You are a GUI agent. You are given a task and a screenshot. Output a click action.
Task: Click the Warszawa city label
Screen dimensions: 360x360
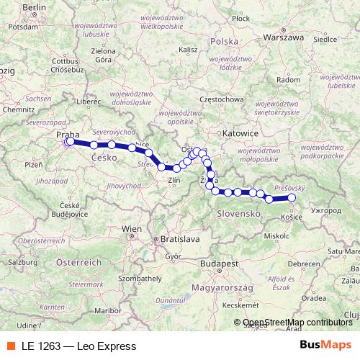(x=282, y=35)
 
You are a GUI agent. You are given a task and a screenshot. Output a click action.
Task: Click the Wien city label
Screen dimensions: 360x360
(x=132, y=228)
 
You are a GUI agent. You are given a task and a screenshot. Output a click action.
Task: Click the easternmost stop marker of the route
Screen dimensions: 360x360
(x=292, y=197)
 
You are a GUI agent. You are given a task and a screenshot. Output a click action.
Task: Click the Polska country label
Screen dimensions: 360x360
(x=223, y=42)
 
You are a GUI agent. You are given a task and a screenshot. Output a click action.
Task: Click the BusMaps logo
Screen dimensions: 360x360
(x=324, y=345)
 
